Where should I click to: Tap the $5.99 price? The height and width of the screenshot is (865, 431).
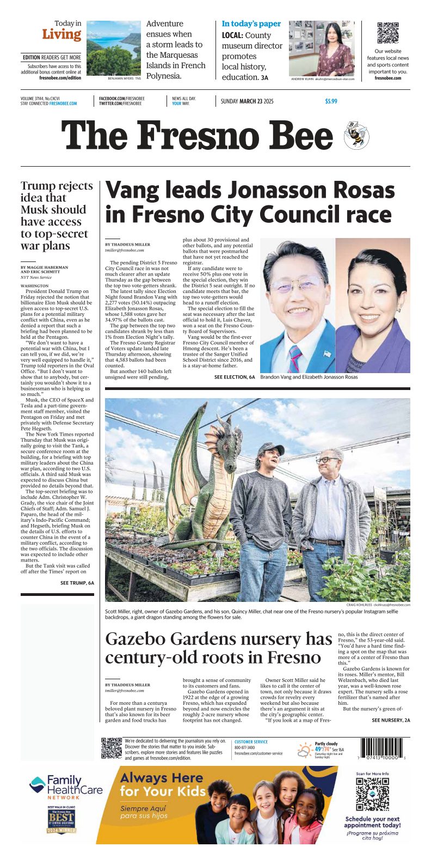pyautogui.click(x=331, y=101)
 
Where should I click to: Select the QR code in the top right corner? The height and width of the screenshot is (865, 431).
pyautogui.click(x=388, y=33)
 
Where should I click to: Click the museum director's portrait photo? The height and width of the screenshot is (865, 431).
pyautogui.click(x=321, y=48)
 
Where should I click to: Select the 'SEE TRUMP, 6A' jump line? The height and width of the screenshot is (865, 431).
pyautogui.click(x=77, y=583)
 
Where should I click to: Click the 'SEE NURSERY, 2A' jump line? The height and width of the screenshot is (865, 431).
pyautogui.click(x=391, y=720)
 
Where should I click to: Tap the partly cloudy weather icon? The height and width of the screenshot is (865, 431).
pyautogui.click(x=305, y=751)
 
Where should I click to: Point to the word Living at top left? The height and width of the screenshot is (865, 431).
pyautogui.click(x=61, y=34)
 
